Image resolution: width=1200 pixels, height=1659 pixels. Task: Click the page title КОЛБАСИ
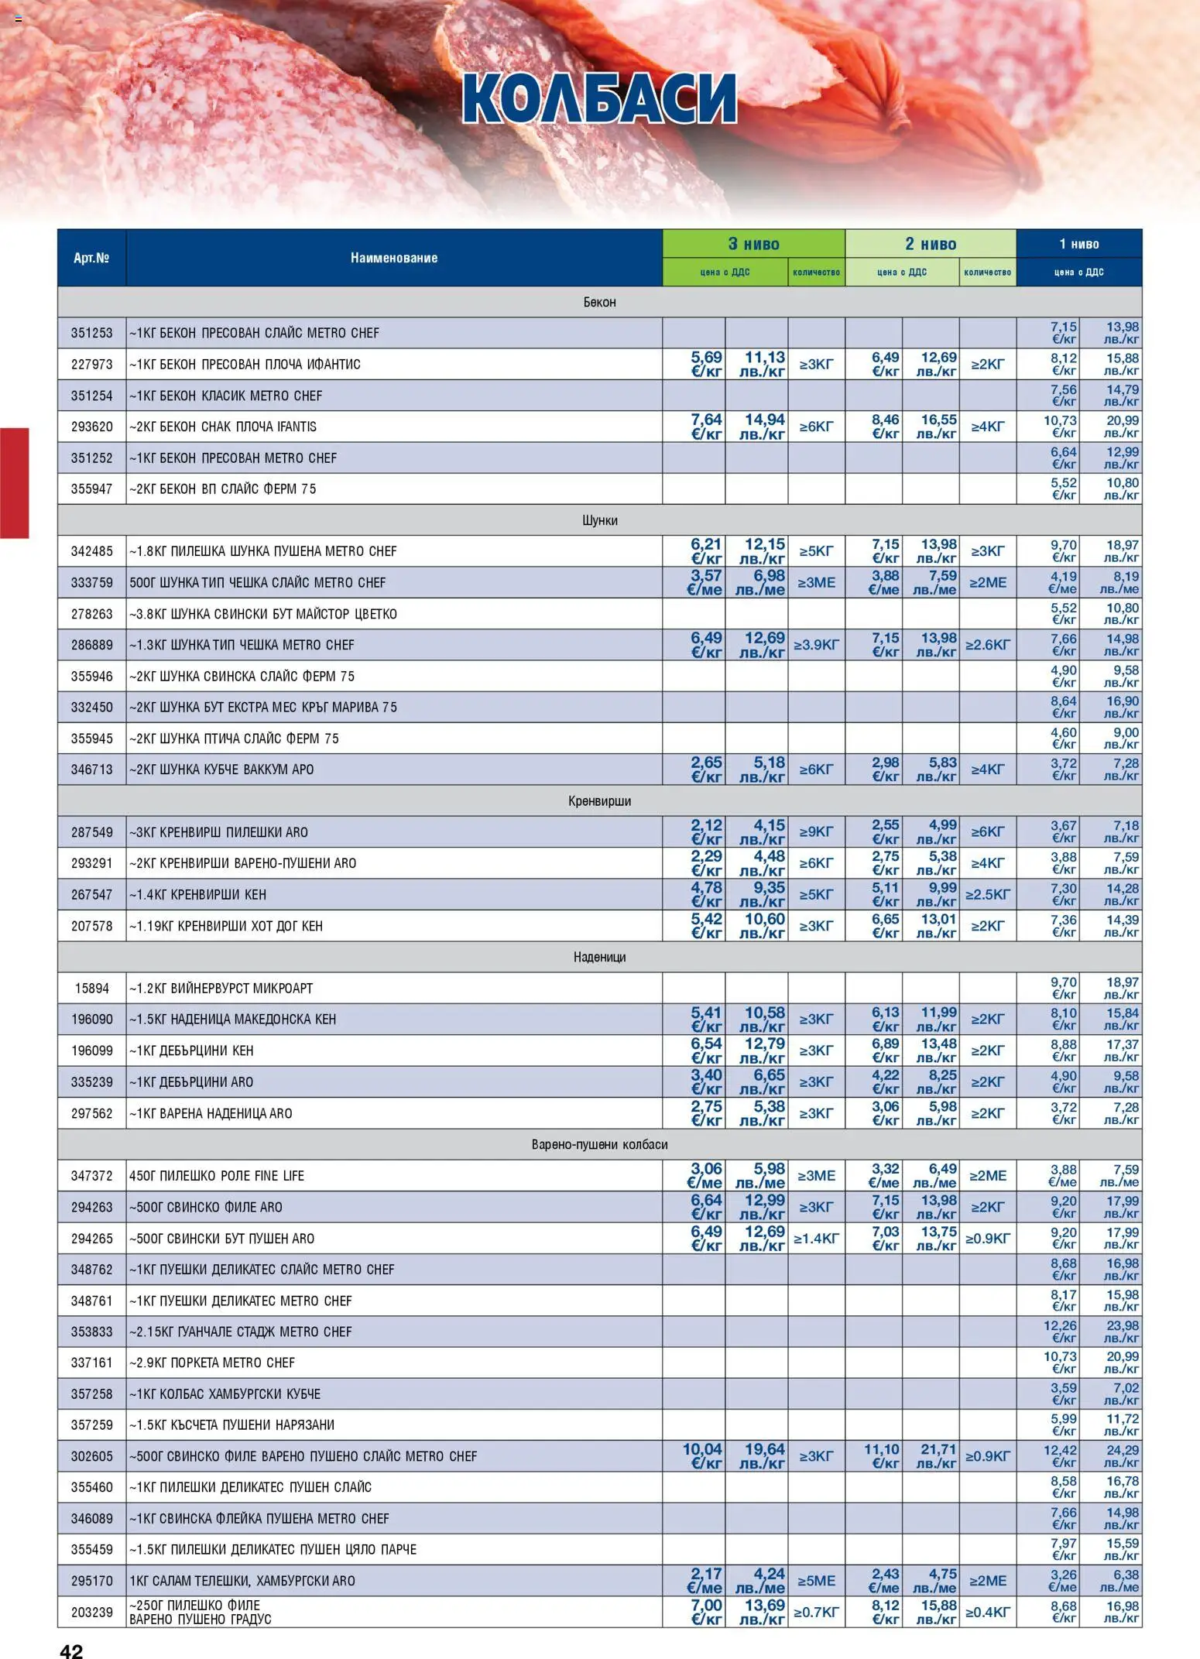coord(599,99)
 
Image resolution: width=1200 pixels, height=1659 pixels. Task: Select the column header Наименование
coord(393,258)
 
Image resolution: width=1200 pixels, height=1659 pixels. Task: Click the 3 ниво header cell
coord(753,244)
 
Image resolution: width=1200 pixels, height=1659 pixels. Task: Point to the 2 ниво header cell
coord(931,244)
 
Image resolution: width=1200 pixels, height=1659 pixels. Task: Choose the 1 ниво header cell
coord(1078,244)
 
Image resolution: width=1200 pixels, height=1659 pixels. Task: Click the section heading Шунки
coord(599,520)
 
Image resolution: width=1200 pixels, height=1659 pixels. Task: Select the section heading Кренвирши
coord(599,801)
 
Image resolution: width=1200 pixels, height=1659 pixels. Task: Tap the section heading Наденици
coord(599,957)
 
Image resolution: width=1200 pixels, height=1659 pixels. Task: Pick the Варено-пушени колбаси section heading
coord(599,1144)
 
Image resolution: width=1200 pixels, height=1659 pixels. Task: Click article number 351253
coord(91,333)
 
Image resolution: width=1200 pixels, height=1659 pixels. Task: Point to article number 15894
coord(91,989)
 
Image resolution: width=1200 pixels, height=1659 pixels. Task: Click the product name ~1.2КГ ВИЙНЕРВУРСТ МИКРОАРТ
coord(221,989)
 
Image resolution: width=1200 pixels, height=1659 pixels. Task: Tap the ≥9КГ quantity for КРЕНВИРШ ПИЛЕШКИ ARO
coord(816,832)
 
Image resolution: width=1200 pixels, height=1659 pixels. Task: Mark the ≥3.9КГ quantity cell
coord(816,645)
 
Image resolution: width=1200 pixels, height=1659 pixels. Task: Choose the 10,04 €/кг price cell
coord(702,1456)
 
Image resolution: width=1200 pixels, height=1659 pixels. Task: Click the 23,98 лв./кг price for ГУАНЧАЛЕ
coord(1122,1332)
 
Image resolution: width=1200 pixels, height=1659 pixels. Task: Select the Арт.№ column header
coord(91,258)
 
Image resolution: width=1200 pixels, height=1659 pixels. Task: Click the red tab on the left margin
coord(14,482)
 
